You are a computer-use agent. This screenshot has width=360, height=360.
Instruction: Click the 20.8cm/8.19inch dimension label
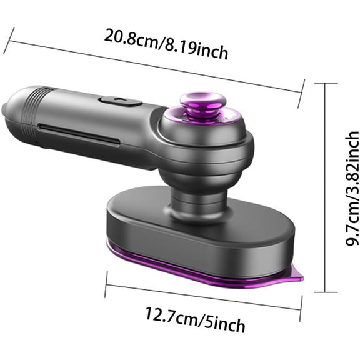coord(166,44)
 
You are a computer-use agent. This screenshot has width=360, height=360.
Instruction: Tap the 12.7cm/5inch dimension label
coord(195,319)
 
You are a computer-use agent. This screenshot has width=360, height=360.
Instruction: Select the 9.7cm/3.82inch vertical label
coord(352,188)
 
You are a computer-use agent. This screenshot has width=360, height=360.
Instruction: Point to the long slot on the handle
coord(79,134)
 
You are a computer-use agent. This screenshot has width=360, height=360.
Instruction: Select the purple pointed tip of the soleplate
coord(297,274)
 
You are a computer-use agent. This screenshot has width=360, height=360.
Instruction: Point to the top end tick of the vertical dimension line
coord(326,83)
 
